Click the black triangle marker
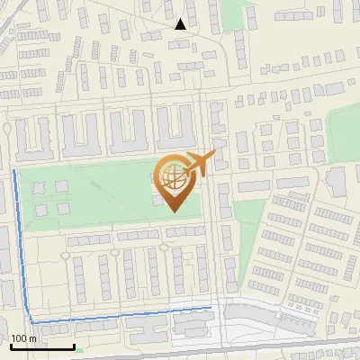pyautogui.click(x=181, y=24)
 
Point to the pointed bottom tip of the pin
pyautogui.click(x=175, y=211)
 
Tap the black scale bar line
pyautogui.click(x=42, y=347)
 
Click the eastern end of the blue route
pyautogui.click(x=211, y=308)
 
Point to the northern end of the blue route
pyautogui.click(x=13, y=169)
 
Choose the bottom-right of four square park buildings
pyautogui.click(x=62, y=209)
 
